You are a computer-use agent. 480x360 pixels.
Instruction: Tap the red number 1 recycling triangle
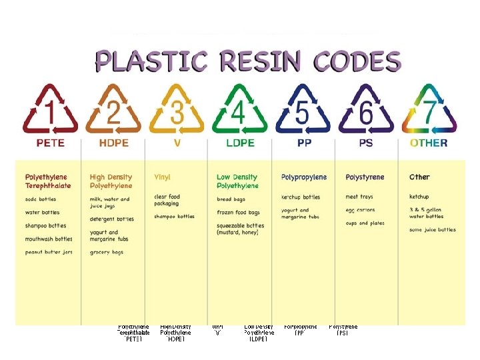click(50, 110)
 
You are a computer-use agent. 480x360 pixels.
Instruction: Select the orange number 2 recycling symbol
click(113, 110)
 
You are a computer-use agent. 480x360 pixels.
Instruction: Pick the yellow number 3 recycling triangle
click(176, 110)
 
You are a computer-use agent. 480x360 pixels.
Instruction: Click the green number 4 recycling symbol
click(239, 110)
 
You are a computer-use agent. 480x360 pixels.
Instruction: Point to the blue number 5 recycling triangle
click(303, 110)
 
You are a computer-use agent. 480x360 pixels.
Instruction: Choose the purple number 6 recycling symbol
click(366, 110)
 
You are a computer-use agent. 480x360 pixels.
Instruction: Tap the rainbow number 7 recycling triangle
click(429, 110)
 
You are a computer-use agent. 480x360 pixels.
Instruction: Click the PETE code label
click(50, 143)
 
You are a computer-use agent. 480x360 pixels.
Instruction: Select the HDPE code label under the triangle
click(113, 143)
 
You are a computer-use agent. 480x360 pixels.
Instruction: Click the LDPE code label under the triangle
click(239, 143)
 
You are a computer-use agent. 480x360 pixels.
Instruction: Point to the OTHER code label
click(429, 143)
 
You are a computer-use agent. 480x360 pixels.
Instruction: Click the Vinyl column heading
click(162, 177)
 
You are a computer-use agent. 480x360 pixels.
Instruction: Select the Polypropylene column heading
click(304, 177)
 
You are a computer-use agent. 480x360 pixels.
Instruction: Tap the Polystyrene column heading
click(365, 177)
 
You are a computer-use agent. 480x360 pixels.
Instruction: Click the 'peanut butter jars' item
click(49, 252)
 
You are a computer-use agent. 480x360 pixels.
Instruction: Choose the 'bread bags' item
click(231, 199)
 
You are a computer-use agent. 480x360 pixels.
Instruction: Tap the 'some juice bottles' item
click(433, 230)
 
